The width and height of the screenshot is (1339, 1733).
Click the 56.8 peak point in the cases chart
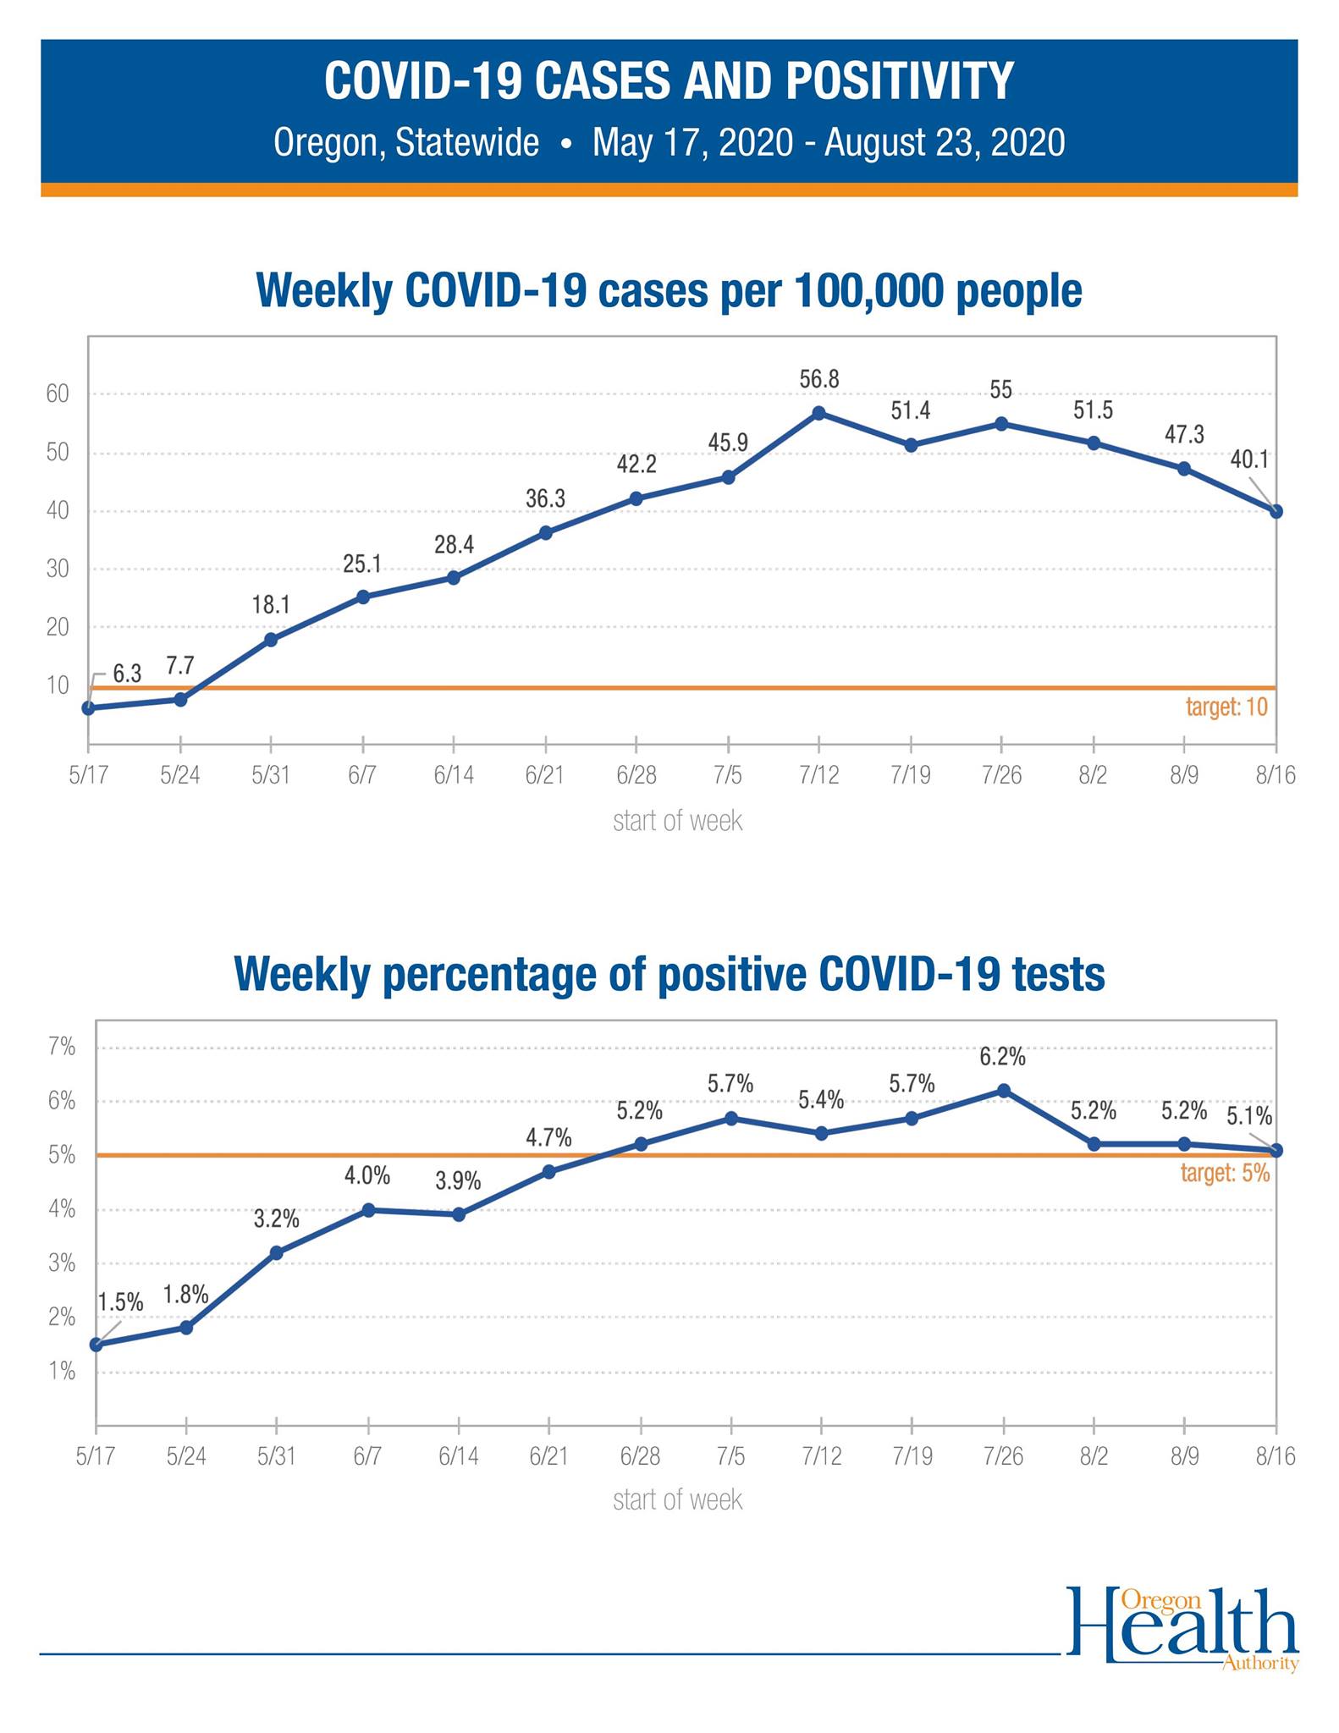point(818,413)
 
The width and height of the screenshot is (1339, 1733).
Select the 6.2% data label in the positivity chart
point(1003,1056)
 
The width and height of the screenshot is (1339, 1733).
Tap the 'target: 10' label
point(1226,707)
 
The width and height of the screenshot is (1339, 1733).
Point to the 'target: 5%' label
point(1225,1173)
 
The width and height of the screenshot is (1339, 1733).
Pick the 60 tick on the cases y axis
point(58,393)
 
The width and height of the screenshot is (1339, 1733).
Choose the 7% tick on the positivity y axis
point(62,1047)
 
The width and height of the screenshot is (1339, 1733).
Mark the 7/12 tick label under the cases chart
point(819,775)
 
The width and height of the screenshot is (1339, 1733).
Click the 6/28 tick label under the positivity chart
point(640,1456)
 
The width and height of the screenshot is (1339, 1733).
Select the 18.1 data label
point(271,604)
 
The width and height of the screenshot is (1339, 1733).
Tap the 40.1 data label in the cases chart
point(1249,459)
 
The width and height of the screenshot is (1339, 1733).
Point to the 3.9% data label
point(458,1180)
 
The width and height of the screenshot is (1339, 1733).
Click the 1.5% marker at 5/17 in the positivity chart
point(96,1345)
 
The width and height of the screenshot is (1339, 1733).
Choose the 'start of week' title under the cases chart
point(677,820)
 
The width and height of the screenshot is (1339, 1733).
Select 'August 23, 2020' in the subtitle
point(945,142)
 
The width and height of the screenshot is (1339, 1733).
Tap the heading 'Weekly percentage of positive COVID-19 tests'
point(669,974)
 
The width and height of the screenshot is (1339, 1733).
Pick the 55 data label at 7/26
point(1001,390)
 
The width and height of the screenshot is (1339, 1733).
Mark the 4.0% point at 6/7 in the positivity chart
point(368,1210)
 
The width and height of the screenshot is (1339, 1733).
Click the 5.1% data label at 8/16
point(1249,1117)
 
